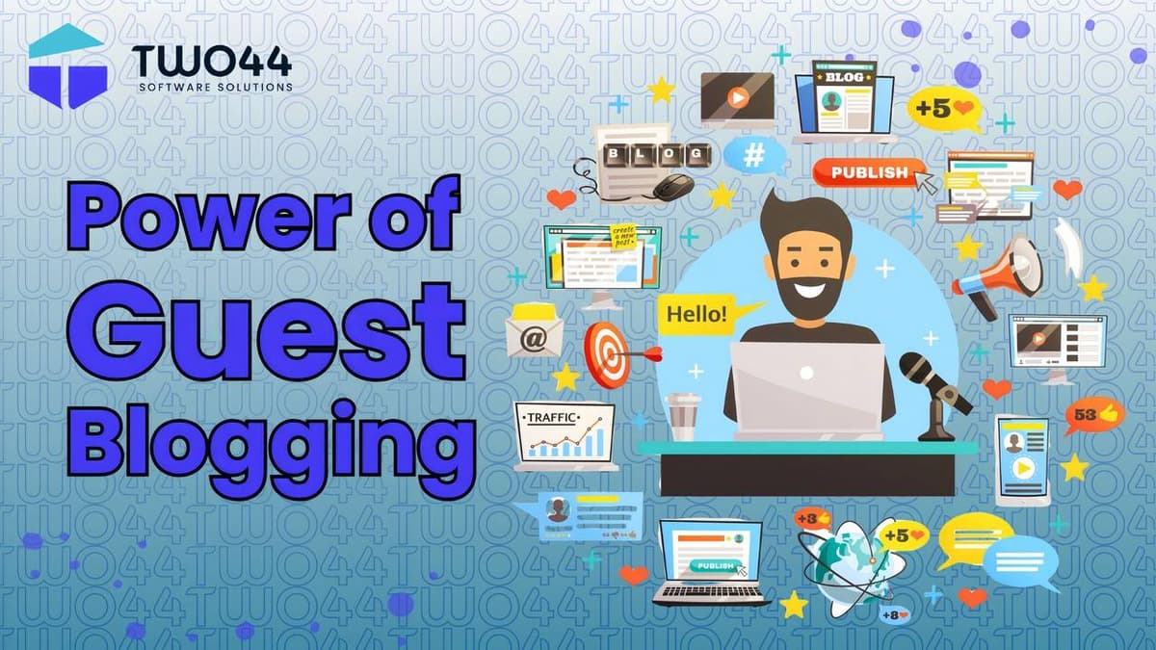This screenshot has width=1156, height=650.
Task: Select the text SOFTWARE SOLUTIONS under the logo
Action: click(x=215, y=87)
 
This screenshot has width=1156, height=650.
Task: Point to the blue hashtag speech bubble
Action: click(x=753, y=154)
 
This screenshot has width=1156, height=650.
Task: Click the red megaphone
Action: click(x=997, y=274)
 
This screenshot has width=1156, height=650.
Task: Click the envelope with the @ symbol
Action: click(x=534, y=332)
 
